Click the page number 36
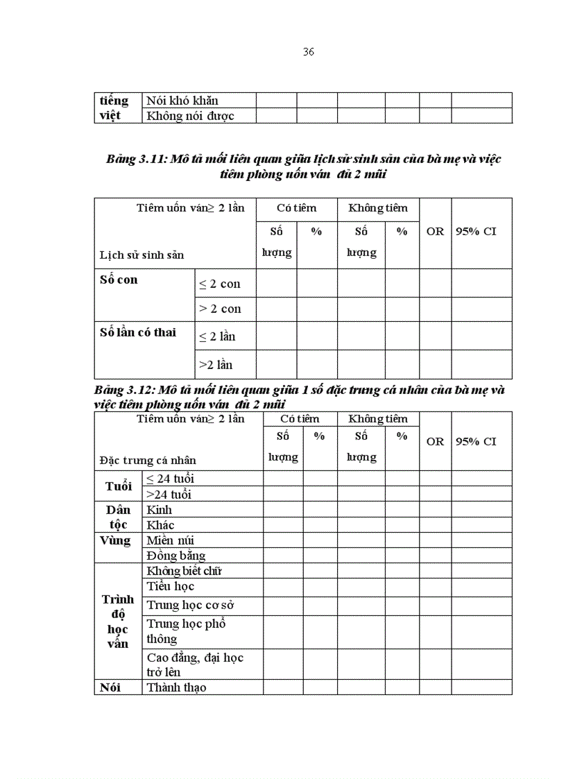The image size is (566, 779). click(309, 52)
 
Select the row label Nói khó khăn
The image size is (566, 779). click(182, 101)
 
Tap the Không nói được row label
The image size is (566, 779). click(190, 116)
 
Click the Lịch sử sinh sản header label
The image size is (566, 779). click(141, 255)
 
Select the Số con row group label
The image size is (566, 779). click(119, 280)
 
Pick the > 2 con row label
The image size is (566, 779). click(220, 309)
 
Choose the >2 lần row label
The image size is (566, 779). click(217, 364)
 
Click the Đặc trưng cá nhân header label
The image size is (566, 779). click(148, 460)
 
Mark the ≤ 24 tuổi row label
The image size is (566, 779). click(170, 479)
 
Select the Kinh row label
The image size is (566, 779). click(159, 510)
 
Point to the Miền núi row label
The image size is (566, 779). click(170, 540)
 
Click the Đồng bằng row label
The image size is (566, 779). click(175, 556)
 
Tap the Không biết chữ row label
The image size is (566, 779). click(184, 571)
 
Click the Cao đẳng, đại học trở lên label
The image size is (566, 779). click(195, 665)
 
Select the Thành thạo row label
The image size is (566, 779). click(176, 687)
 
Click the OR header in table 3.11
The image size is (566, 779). click(435, 232)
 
